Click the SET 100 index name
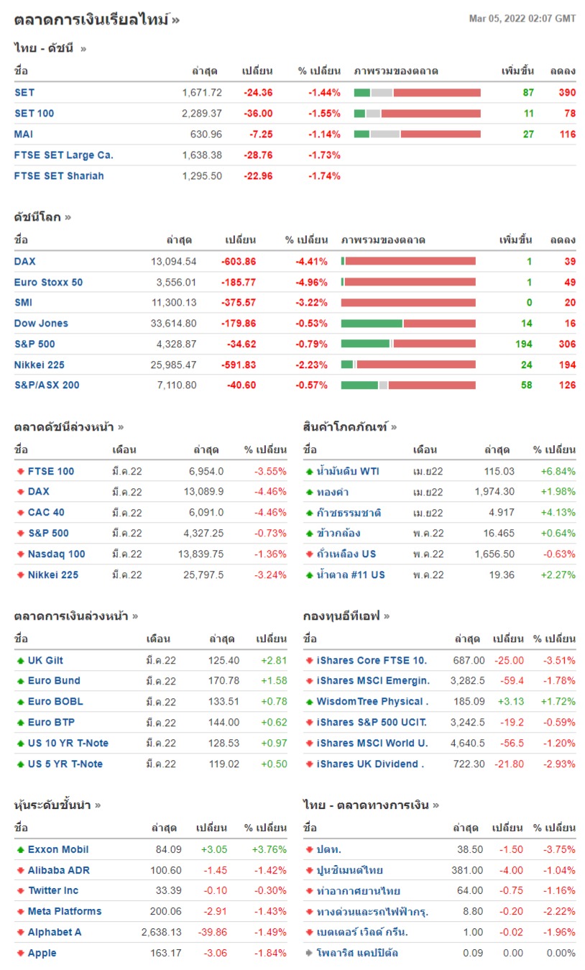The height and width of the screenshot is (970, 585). click(x=34, y=114)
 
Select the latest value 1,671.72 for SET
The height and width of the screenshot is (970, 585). click(x=202, y=93)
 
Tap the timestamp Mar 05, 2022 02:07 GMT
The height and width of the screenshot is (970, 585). click(x=522, y=19)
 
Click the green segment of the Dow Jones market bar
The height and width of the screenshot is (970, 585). click(x=372, y=324)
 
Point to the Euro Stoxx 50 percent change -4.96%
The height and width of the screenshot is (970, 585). click(x=311, y=283)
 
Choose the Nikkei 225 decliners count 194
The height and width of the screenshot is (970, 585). click(x=567, y=365)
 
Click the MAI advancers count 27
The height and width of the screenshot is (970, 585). click(x=528, y=134)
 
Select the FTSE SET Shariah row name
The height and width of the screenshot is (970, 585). click(x=59, y=176)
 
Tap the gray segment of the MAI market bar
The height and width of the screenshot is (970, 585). click(x=384, y=134)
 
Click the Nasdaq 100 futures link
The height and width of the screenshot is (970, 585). click(x=56, y=554)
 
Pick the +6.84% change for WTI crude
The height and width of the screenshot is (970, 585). click(x=558, y=471)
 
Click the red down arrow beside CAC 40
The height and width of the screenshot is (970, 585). click(x=20, y=513)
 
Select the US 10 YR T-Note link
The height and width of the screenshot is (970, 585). click(x=68, y=743)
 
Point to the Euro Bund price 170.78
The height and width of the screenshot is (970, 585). click(x=224, y=681)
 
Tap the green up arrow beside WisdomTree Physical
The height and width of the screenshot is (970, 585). click(x=309, y=702)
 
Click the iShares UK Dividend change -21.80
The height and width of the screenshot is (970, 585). click(x=510, y=764)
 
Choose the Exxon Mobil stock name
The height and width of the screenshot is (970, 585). click(x=58, y=849)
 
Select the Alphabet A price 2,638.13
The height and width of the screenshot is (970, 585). click(x=162, y=932)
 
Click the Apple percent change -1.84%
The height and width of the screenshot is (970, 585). click(x=270, y=953)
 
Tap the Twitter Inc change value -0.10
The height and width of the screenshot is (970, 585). click(x=216, y=890)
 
